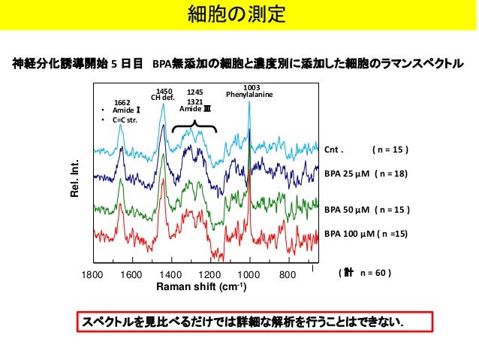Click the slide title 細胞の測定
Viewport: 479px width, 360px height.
(236, 14)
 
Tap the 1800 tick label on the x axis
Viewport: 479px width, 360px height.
(92, 274)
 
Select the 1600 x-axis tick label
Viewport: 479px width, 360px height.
(131, 274)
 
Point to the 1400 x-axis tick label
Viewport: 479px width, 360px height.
(170, 274)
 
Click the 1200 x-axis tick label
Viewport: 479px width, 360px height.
(209, 274)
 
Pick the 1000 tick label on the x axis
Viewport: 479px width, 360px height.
(249, 274)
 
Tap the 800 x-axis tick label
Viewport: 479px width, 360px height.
(288, 274)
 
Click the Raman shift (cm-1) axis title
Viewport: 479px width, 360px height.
(201, 286)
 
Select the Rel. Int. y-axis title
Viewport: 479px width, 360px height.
(75, 178)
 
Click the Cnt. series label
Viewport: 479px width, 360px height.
(334, 150)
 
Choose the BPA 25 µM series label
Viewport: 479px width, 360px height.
(347, 174)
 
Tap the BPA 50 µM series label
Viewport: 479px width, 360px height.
(347, 210)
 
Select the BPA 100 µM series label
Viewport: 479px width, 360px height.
(349, 234)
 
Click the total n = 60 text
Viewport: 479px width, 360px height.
(365, 273)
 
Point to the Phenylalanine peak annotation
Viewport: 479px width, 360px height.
(249, 95)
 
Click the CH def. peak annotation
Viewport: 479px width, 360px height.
(163, 98)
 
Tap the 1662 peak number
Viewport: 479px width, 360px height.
(122, 103)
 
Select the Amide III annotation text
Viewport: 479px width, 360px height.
(195, 109)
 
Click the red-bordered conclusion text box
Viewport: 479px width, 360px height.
(255, 322)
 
